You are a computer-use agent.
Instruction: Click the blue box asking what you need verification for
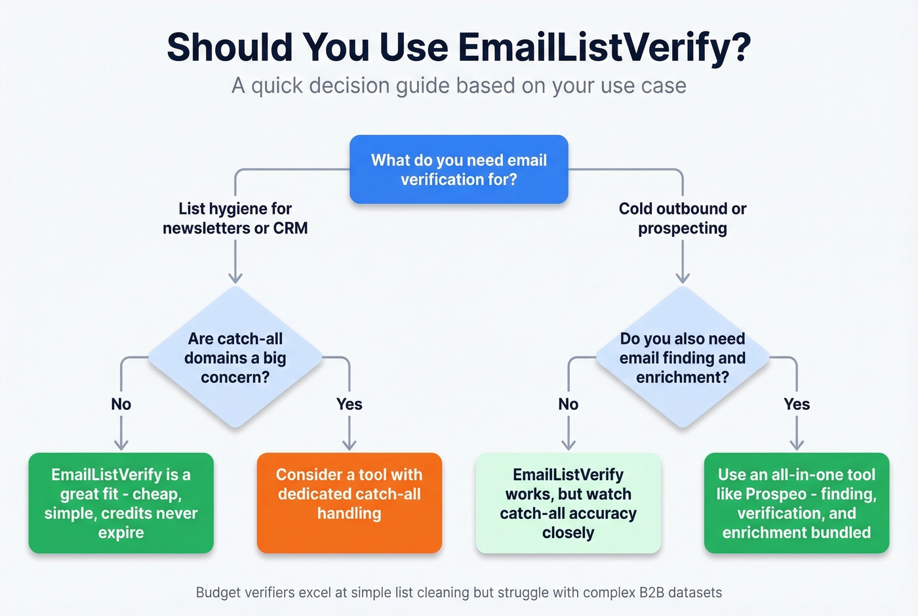pyautogui.click(x=458, y=169)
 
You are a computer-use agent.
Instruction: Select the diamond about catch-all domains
pyautogui.click(x=235, y=358)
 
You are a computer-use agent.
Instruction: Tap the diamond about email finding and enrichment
pyautogui.click(x=682, y=358)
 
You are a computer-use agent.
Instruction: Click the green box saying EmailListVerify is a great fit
pyautogui.click(x=121, y=503)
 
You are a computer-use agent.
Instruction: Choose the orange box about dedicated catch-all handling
pyautogui.click(x=349, y=503)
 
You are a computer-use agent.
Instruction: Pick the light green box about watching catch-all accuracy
pyautogui.click(x=568, y=503)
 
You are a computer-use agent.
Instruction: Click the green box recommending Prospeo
pyautogui.click(x=796, y=503)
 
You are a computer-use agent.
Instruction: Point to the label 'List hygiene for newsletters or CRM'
pyautogui.click(x=235, y=218)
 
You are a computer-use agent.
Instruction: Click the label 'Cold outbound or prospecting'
pyautogui.click(x=682, y=218)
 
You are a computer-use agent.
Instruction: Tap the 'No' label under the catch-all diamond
pyautogui.click(x=121, y=404)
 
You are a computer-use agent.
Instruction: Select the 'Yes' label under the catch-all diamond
pyautogui.click(x=349, y=404)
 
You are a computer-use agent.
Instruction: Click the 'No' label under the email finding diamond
pyautogui.click(x=568, y=404)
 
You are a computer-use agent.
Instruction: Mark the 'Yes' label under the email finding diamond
pyautogui.click(x=796, y=404)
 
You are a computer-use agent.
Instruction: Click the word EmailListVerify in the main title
pyautogui.click(x=603, y=47)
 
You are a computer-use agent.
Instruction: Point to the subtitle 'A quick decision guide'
pyautogui.click(x=458, y=85)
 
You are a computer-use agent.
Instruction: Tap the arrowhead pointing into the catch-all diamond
pyautogui.click(x=235, y=278)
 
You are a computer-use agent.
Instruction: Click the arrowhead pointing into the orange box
pyautogui.click(x=349, y=445)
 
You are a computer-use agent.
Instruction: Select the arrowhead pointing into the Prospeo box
pyautogui.click(x=796, y=445)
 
